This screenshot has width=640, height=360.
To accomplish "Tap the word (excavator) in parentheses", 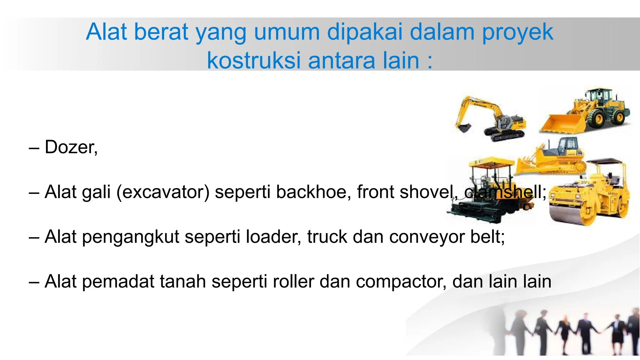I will (162, 192).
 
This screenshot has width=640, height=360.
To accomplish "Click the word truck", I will (327, 237).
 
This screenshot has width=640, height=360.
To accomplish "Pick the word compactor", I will (401, 282).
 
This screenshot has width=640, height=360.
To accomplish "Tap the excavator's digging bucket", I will (464, 127).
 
